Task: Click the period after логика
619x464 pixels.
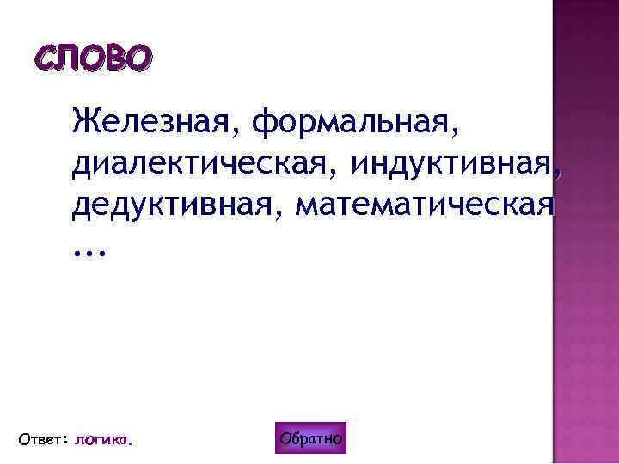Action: click(x=132, y=443)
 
